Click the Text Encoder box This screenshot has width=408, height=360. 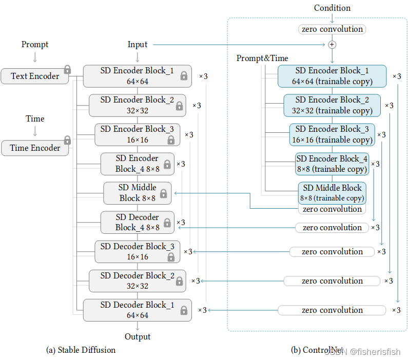pos(35,76)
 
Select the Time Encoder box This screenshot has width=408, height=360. pos(35,148)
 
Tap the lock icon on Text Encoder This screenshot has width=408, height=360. pos(67,69)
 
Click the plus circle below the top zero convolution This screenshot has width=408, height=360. pos(332,45)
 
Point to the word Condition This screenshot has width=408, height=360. pos(332,8)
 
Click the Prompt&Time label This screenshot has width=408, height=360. pos(262,58)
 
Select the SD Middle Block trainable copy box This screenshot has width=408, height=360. pos(332,193)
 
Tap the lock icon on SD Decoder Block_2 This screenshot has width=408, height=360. pos(179,281)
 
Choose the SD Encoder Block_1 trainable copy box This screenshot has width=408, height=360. pos(332,76)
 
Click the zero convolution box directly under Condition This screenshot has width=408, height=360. pos(332,29)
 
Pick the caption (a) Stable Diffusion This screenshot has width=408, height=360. pos(81,350)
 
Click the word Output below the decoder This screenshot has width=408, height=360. pos(138,337)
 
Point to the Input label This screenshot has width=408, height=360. pos(138,45)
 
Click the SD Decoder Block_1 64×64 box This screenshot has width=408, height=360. pos(138,310)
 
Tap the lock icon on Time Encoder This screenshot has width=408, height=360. pos(67,140)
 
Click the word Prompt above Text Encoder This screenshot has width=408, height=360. pos(35,45)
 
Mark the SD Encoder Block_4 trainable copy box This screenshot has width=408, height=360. pos(332,164)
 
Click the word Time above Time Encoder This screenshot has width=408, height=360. pos(35,119)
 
